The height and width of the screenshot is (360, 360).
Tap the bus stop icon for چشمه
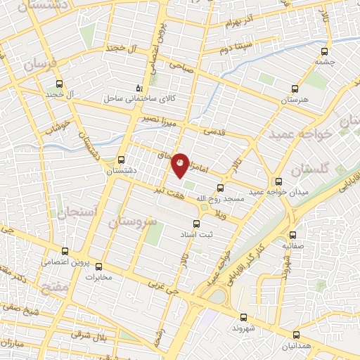pos(324,51)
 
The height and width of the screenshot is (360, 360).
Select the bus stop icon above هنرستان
pos(295,89)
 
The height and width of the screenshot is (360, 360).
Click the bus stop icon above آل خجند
pos(59,82)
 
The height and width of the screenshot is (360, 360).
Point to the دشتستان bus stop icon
pos(122,159)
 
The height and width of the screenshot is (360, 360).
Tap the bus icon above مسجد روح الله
pos(220,188)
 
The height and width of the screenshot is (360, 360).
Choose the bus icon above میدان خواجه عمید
pos(279,181)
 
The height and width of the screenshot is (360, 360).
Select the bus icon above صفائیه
pos(293,235)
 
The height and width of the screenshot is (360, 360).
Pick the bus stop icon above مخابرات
pos(98,266)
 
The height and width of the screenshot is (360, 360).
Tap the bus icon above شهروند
pos(243,317)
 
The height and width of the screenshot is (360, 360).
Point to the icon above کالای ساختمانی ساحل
pos(138,89)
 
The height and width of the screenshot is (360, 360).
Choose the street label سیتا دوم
pos(236,50)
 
